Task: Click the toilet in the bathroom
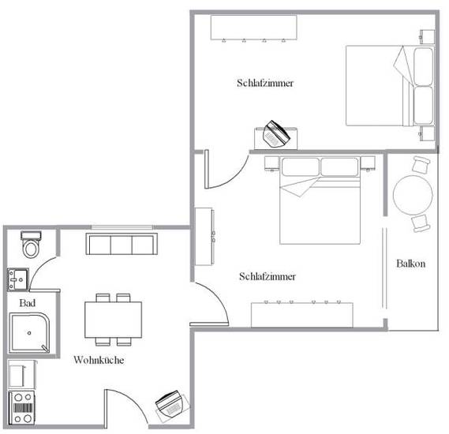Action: coord(31,245)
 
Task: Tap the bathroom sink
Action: coord(17,279)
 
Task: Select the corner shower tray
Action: coord(29,333)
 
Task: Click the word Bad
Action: coord(28,303)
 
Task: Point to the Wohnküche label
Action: coord(99,360)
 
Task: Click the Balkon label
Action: coord(410,264)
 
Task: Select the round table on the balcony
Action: coord(413,195)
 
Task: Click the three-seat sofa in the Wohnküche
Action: coord(122,244)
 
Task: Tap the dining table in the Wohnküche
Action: coord(113,320)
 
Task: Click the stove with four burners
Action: coord(22,408)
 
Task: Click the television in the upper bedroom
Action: coord(275,134)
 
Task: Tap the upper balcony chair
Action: coord(421,164)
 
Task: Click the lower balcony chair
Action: coord(421,223)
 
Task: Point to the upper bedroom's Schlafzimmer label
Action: coord(265,83)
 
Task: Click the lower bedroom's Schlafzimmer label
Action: coord(268,276)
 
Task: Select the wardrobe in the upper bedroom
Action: coord(254,28)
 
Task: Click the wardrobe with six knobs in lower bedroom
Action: coord(302,314)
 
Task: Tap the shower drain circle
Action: coord(29,333)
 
